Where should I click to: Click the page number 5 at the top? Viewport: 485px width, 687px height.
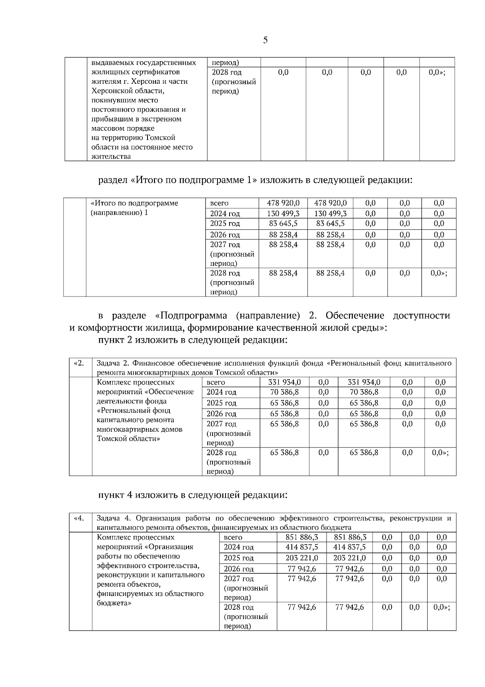pyautogui.click(x=265, y=40)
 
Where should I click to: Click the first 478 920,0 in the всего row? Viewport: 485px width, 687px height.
pyautogui.click(x=283, y=203)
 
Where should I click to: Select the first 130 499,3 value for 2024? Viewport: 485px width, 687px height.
pyautogui.click(x=283, y=214)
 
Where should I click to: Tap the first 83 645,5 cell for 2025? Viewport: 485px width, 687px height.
pyautogui.click(x=283, y=224)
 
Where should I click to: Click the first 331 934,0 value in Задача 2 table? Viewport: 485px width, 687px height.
pyautogui.click(x=285, y=382)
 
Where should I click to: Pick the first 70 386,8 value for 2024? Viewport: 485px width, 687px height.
pyautogui.click(x=285, y=392)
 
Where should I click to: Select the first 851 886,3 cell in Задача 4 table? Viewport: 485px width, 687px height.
pyautogui.click(x=302, y=537)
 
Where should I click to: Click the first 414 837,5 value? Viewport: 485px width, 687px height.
pyautogui.click(x=302, y=547)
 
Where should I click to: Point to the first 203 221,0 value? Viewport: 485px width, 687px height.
pyautogui.click(x=302, y=558)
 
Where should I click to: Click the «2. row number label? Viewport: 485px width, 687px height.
pyautogui.click(x=79, y=363)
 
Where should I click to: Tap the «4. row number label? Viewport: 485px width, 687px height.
pyautogui.click(x=79, y=518)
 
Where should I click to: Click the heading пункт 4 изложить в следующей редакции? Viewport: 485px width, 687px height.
pyautogui.click(x=193, y=495)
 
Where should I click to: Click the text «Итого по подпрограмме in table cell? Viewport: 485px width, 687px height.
pyautogui.click(x=134, y=203)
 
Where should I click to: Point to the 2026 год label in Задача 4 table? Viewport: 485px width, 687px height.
pyautogui.click(x=238, y=569)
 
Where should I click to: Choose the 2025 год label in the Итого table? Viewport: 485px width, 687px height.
pyautogui.click(x=225, y=224)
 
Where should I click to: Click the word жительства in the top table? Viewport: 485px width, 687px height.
pyautogui.click(x=111, y=157)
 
